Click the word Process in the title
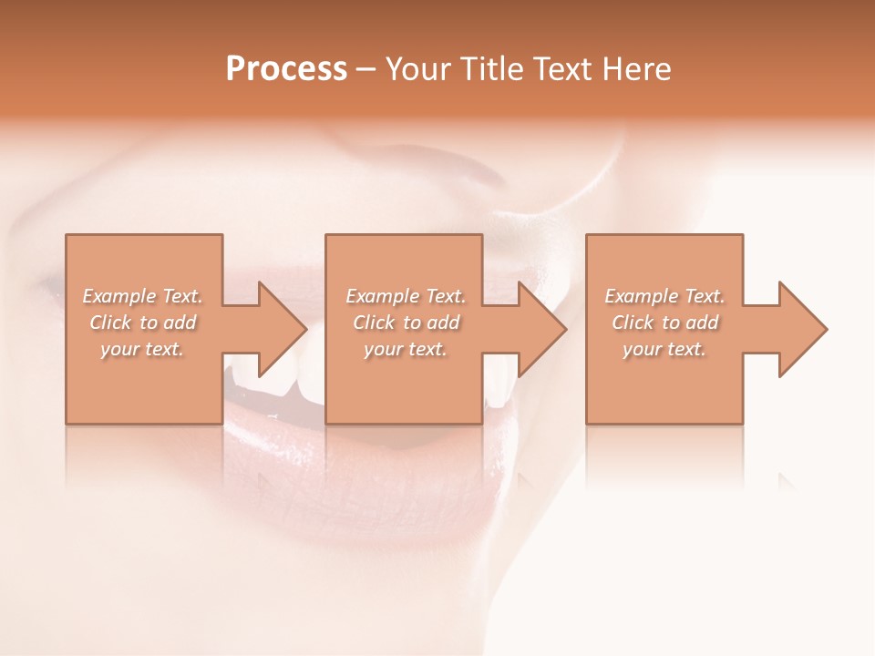coord(286,69)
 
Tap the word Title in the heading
coord(489,69)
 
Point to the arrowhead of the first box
coord(283,329)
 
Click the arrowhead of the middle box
coord(543,329)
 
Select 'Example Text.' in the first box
coord(142,296)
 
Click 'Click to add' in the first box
coord(142,323)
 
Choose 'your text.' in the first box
coord(142,349)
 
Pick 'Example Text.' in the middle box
coord(405,296)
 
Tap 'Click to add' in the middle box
coord(405,323)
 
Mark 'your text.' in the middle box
coord(405,349)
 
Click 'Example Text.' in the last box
coord(664,296)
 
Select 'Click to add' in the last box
coord(664,323)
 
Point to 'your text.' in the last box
coord(664,349)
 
